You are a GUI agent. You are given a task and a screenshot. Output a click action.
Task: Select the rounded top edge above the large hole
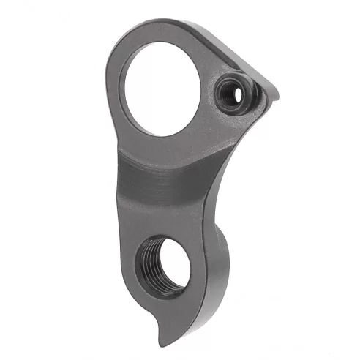[157, 31]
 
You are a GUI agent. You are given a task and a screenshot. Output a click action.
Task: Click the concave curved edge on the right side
[234, 176]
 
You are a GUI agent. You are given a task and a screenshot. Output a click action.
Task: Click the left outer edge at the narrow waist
[118, 176]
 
